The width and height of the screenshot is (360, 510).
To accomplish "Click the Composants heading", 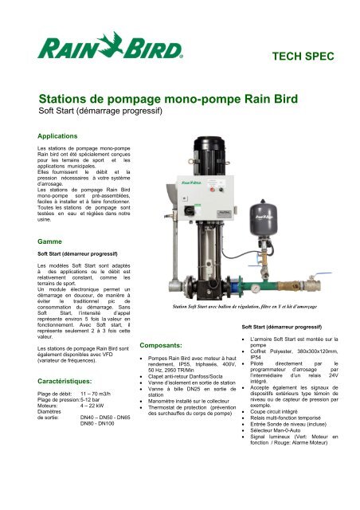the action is [165, 347].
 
